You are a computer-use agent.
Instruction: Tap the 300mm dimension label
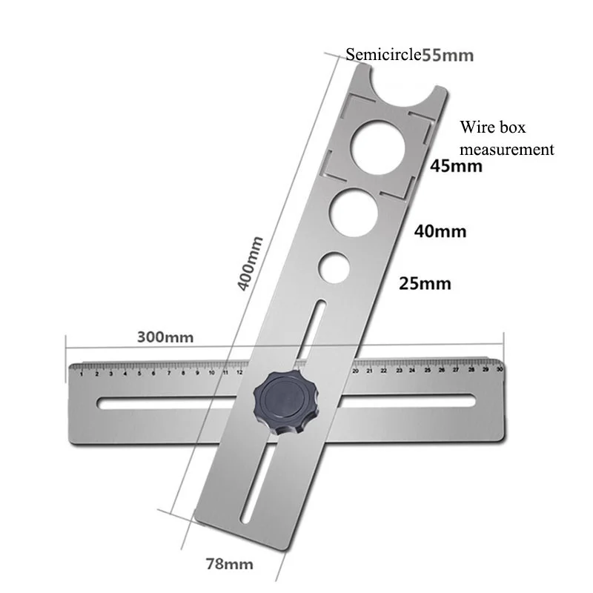click(165, 337)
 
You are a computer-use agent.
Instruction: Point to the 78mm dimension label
click(229, 564)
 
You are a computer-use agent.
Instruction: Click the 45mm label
click(457, 166)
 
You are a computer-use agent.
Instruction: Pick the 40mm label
click(440, 231)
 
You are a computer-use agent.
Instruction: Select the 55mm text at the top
click(448, 54)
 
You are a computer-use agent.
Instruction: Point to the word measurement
click(507, 149)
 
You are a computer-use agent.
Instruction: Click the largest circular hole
click(378, 143)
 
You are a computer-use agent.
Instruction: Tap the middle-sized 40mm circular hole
click(354, 212)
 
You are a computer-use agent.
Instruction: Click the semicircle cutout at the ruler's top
click(404, 82)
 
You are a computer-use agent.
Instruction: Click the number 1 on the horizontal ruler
click(82, 374)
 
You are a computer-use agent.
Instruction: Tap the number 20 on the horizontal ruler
click(357, 371)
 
